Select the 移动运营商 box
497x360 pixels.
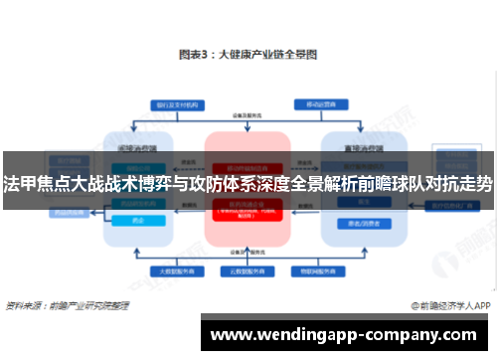coord(317,103)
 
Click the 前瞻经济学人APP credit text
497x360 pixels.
coord(450,305)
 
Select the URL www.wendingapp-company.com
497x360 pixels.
coord(349,333)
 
